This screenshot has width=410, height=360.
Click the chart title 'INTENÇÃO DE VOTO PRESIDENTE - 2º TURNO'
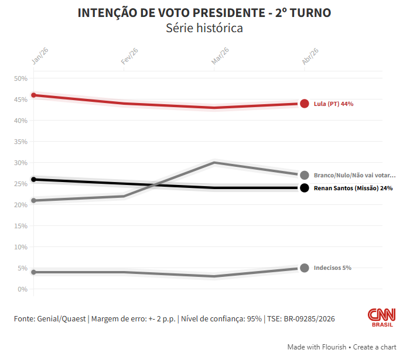click(x=204, y=13)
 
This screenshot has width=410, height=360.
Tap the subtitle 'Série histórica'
click(x=204, y=28)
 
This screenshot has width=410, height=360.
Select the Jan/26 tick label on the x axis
click(x=40, y=56)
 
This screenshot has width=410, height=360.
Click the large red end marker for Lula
click(x=305, y=104)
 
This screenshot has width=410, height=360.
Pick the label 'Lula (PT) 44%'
click(x=334, y=104)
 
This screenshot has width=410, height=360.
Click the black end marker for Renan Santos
click(x=305, y=188)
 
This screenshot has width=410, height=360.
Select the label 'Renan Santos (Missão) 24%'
click(x=353, y=188)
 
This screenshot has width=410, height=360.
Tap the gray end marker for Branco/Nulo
click(x=305, y=175)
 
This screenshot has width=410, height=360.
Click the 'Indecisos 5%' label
click(x=333, y=268)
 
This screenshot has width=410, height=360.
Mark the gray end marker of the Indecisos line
click(x=305, y=268)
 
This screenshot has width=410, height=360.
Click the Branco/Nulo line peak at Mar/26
click(x=214, y=162)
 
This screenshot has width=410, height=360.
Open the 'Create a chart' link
click(x=376, y=347)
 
